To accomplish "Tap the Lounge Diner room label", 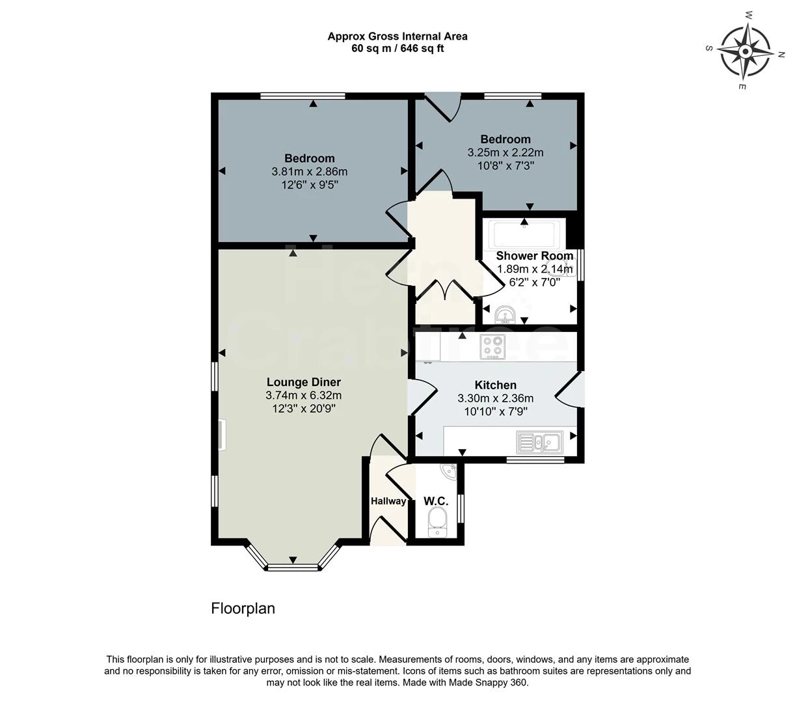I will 303,382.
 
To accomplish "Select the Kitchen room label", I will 495,385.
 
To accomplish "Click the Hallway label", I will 388,501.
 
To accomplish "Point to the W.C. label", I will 436,501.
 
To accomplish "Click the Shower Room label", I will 534,256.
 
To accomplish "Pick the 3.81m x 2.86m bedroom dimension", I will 309,172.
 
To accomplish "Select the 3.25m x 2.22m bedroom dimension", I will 505,152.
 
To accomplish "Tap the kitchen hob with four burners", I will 492,346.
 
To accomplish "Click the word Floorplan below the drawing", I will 243,609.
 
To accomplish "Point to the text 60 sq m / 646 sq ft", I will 397,48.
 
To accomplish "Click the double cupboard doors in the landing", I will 445,290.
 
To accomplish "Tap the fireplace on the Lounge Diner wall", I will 222,435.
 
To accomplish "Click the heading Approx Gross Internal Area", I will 397,36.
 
